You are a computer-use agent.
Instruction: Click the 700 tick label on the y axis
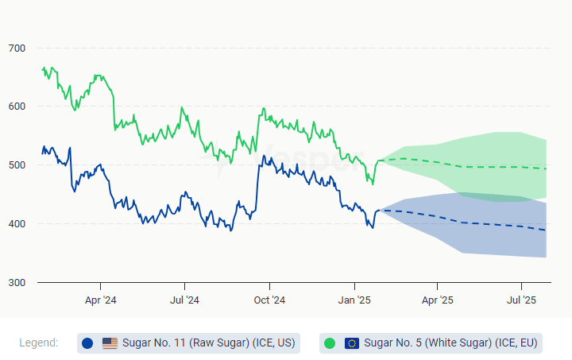pyautogui.click(x=17, y=48)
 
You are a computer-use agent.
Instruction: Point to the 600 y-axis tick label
pyautogui.click(x=17, y=106)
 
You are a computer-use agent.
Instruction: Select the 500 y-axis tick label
pyautogui.click(x=17, y=165)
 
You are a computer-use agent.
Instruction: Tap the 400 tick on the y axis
pyautogui.click(x=17, y=224)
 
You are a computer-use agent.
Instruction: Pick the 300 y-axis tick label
pyautogui.click(x=17, y=283)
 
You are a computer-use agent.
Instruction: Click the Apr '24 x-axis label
pyautogui.click(x=100, y=300)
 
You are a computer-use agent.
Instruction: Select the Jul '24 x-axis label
pyautogui.click(x=184, y=300)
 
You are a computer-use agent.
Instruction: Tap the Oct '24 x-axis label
pyautogui.click(x=269, y=300)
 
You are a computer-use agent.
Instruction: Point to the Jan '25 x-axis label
pyautogui.click(x=354, y=300)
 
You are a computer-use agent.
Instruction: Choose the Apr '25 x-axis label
pyautogui.click(x=437, y=300)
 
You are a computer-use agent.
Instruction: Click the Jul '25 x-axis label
pyautogui.click(x=521, y=300)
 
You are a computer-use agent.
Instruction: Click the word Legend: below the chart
pyautogui.click(x=39, y=343)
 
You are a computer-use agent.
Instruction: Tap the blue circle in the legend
pyautogui.click(x=87, y=343)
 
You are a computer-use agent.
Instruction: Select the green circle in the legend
pyautogui.click(x=330, y=343)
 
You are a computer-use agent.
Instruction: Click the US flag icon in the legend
pyautogui.click(x=110, y=343)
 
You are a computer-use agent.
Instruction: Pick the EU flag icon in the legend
pyautogui.click(x=352, y=343)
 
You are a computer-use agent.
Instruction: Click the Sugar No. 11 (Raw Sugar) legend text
pyautogui.click(x=208, y=343)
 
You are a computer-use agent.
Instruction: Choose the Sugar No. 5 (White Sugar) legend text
pyautogui.click(x=450, y=343)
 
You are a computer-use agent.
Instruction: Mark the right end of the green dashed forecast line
pyautogui.click(x=546, y=168)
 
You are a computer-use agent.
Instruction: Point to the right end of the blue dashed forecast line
pyautogui.click(x=546, y=230)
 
